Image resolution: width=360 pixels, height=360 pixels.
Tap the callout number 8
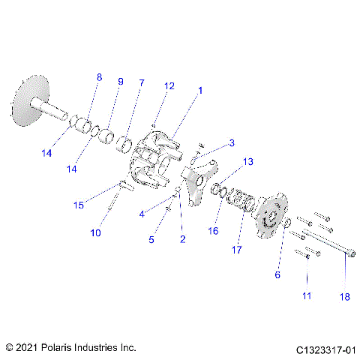[x=98, y=77]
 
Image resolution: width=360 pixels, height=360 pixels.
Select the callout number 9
[x=120, y=82]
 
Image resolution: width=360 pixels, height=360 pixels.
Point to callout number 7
[x=140, y=82]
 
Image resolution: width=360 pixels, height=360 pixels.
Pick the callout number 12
[x=169, y=86]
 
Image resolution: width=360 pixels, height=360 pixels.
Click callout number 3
[x=232, y=142]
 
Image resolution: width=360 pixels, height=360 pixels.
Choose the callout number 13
[x=248, y=161]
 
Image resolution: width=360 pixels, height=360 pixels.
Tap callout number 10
[x=95, y=233]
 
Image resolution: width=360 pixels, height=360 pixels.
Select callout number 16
[x=214, y=232]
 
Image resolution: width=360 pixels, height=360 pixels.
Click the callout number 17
[x=237, y=250]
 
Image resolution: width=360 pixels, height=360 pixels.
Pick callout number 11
[x=306, y=296]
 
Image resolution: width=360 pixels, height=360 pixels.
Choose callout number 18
[x=344, y=297]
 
